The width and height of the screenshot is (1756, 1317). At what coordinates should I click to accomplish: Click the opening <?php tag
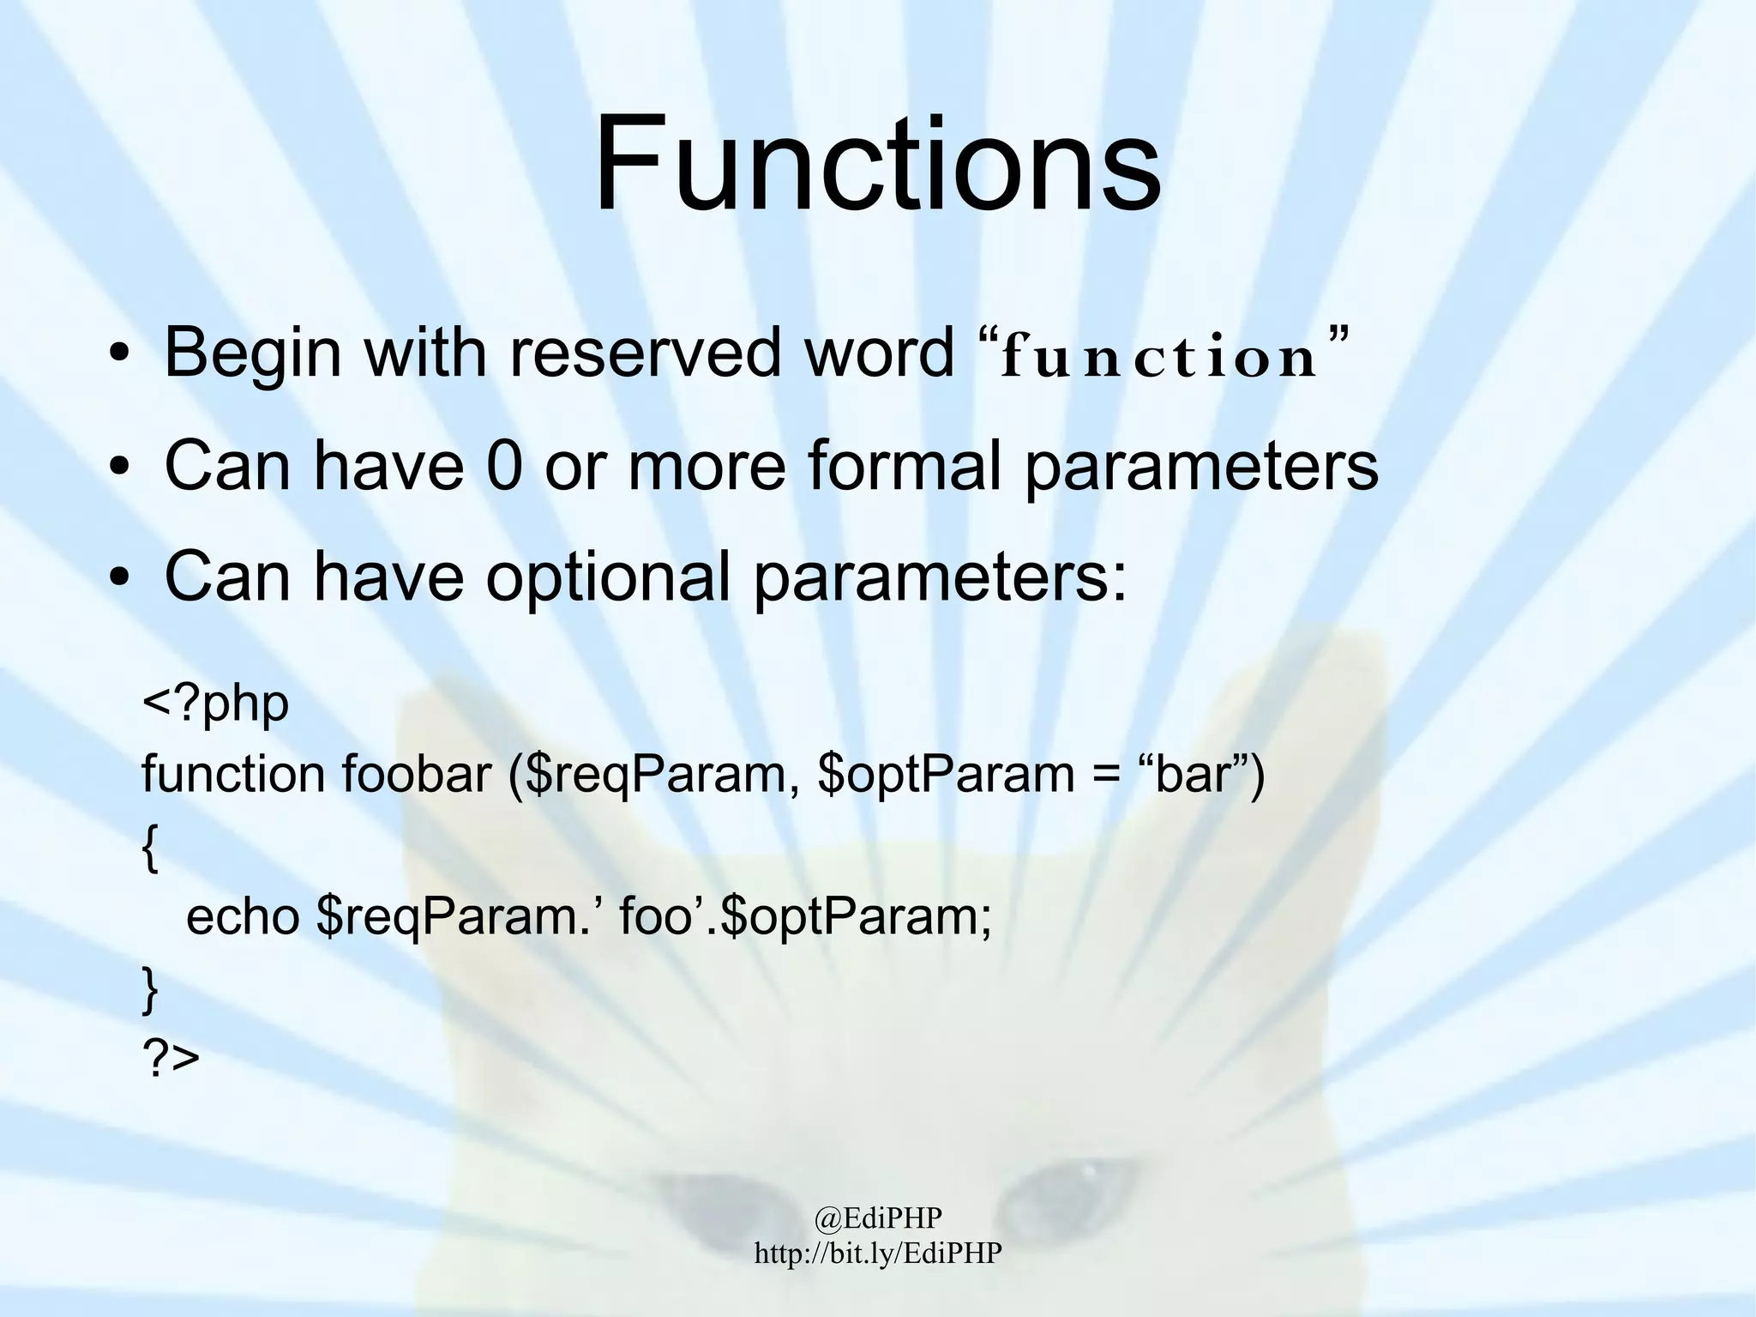pos(215,704)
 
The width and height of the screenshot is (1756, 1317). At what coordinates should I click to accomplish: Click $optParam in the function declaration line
pos(947,774)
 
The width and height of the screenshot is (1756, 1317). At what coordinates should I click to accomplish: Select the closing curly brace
pos(150,989)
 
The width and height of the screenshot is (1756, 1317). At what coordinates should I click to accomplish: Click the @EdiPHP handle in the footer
pos(878,1217)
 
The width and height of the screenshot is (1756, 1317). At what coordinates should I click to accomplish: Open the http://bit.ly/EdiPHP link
pos(878,1253)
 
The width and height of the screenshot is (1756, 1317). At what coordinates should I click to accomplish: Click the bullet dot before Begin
pos(118,355)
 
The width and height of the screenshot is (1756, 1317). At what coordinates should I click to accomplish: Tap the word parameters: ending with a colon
pos(940,577)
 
